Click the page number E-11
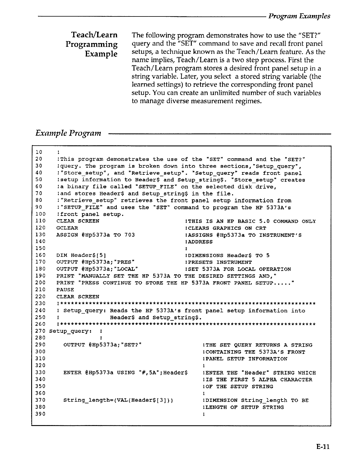tap(323, 447)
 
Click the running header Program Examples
tap(299, 16)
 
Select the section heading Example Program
tap(68, 133)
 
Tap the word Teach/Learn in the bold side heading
tap(94, 35)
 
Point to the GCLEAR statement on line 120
tap(67, 228)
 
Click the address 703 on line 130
tap(129, 235)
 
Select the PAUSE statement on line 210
tap(65, 290)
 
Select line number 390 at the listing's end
tap(40, 414)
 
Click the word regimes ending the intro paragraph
tap(248, 101)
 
